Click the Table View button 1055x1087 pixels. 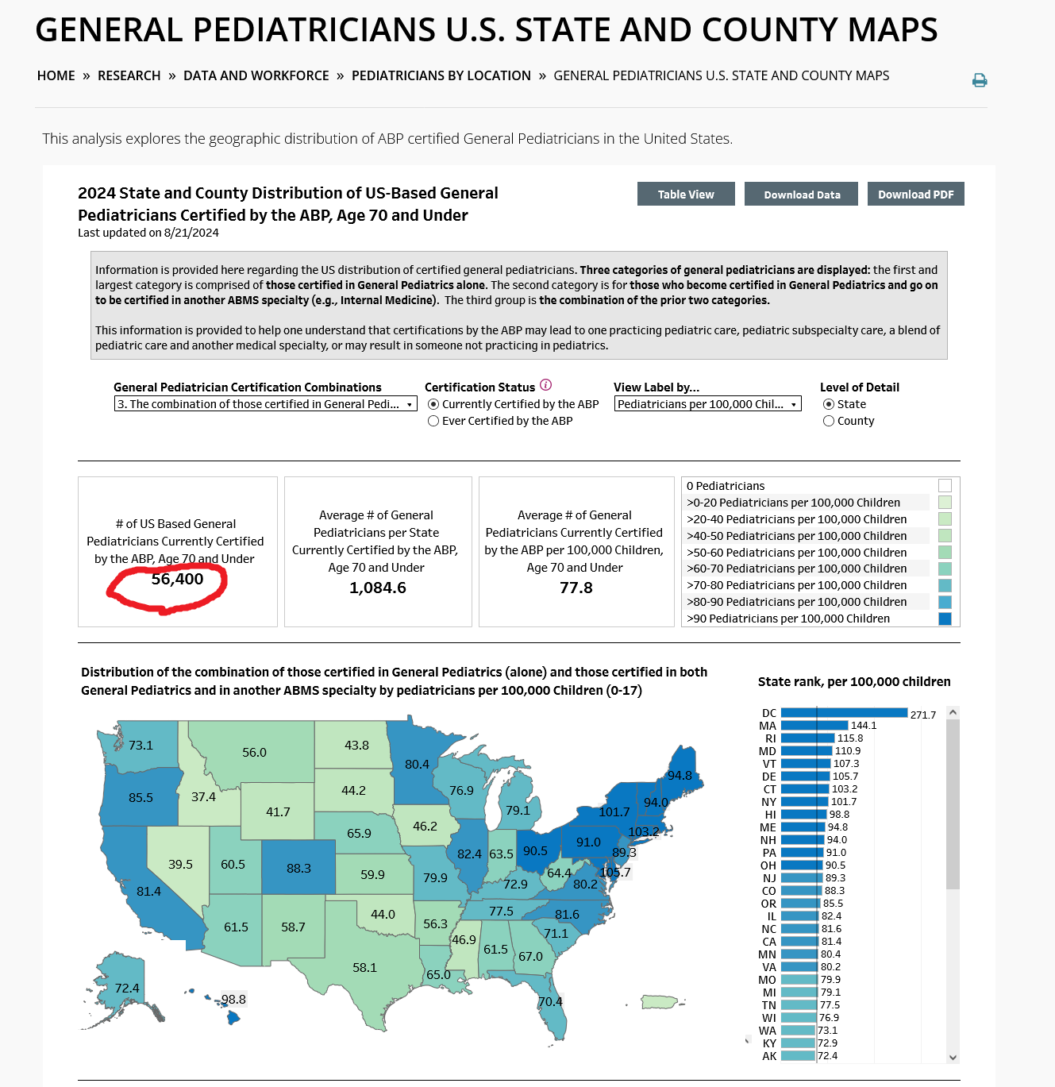pyautogui.click(x=686, y=194)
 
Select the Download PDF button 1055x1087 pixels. pyautogui.click(x=915, y=194)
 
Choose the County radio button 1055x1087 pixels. pyautogui.click(x=828, y=421)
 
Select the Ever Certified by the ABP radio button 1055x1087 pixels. pyautogui.click(x=433, y=421)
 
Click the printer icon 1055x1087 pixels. pyautogui.click(x=979, y=80)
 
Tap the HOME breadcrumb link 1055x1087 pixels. pyautogui.click(x=56, y=76)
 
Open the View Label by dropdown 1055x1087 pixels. pyautogui.click(x=707, y=404)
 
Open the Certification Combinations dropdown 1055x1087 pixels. pyautogui.click(x=265, y=404)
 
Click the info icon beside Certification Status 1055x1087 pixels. pyautogui.click(x=545, y=385)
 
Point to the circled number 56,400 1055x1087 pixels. pyautogui.click(x=177, y=579)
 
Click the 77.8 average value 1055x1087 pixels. pyautogui.click(x=576, y=588)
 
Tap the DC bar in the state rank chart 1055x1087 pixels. pyautogui.click(x=844, y=713)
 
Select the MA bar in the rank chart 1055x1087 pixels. pyautogui.click(x=814, y=726)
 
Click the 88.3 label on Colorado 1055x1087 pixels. pyautogui.click(x=298, y=869)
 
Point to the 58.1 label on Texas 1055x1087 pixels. pyautogui.click(x=364, y=967)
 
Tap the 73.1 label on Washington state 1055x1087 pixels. pyautogui.click(x=141, y=745)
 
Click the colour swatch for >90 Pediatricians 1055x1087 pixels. pyautogui.click(x=945, y=619)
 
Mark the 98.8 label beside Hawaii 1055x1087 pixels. pyautogui.click(x=233, y=1000)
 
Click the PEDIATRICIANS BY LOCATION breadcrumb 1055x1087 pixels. pyautogui.click(x=441, y=76)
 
